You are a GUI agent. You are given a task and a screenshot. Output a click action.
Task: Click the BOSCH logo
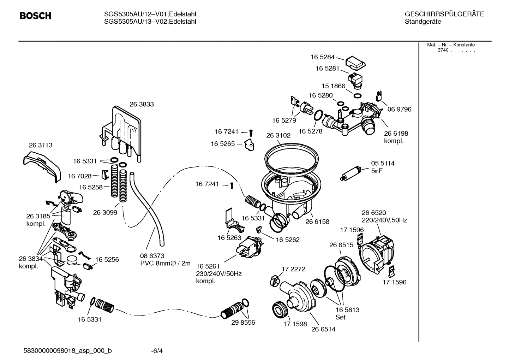pos(35,16)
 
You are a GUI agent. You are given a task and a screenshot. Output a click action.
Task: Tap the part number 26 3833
pos(142,104)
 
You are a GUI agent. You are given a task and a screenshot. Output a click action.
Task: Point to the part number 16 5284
pos(322,57)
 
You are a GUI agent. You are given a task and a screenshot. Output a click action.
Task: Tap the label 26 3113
pos(41,145)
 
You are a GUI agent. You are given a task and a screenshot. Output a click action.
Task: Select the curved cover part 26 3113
pos(42,164)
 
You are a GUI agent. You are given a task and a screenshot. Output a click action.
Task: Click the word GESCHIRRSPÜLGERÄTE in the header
pos(444,14)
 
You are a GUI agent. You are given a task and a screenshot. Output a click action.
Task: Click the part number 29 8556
pos(243,323)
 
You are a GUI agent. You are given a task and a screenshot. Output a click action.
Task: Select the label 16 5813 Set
pos(347,313)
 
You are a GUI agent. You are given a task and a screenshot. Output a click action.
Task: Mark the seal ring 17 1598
pos(281,310)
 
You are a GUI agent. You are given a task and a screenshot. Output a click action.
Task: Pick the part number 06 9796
pos(399,109)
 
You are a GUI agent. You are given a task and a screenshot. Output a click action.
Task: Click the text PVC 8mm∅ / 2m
pos(165,263)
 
